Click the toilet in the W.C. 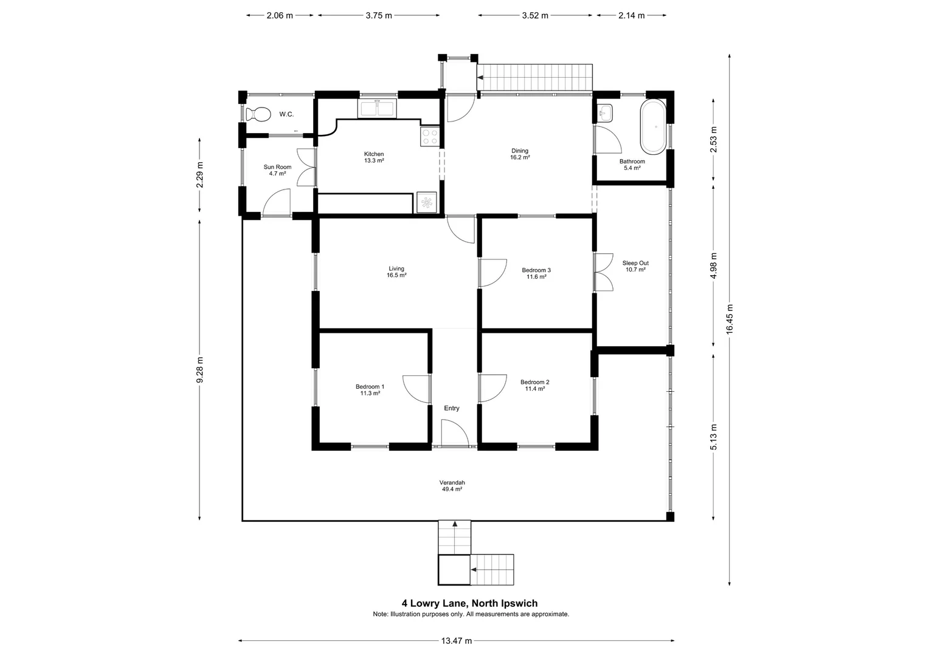pos(258,114)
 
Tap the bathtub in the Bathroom pos(653,126)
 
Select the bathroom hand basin pos(606,113)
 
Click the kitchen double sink pos(377,109)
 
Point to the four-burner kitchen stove pos(430,136)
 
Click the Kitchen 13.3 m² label pos(374,157)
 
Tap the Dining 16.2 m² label pos(520,154)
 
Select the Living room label pos(396,272)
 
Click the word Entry pos(452,408)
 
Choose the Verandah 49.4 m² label pos(452,486)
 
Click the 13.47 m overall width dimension pos(456,641)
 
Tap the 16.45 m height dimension pos(730,319)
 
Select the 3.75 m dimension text pos(379,15)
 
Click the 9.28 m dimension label pos(199,370)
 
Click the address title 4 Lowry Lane pos(469,603)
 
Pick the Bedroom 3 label pos(536,273)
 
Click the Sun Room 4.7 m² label pos(277,170)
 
